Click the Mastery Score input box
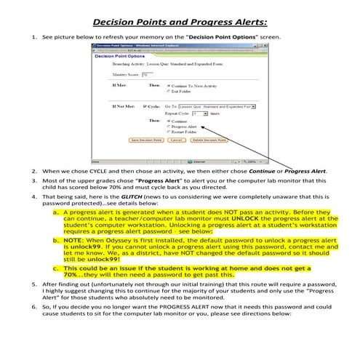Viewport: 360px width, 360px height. (x=148, y=74)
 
